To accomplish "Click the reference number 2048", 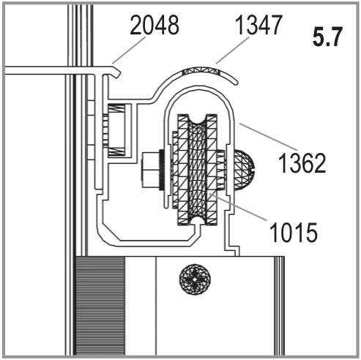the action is pos(155,25).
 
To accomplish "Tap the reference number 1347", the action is pos(258,25).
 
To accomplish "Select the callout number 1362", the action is pos(302,163).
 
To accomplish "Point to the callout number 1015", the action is pos(294,232).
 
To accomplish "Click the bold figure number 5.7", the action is pos(328,37).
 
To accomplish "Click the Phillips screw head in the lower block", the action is pos(195,280).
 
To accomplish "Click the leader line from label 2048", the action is pos(129,50).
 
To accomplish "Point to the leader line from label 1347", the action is pos(233,50).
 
